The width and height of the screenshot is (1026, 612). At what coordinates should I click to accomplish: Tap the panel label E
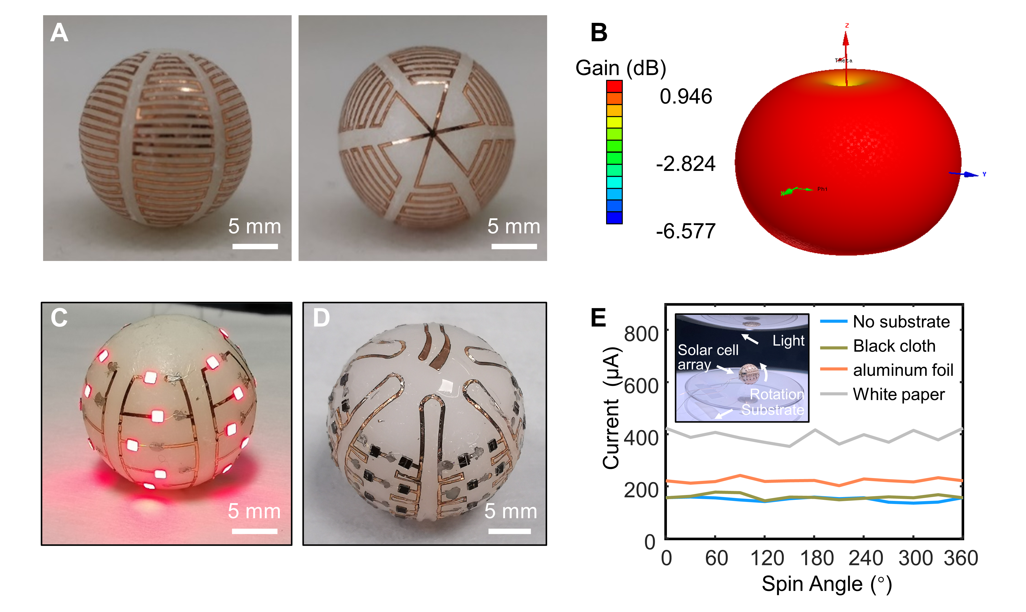[598, 318]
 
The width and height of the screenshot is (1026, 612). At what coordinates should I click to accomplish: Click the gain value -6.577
[686, 231]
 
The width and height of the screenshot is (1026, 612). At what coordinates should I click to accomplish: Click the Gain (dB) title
[620, 68]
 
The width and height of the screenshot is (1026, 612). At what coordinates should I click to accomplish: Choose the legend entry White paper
[899, 394]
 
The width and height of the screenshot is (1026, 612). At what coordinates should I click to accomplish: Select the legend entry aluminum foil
[903, 370]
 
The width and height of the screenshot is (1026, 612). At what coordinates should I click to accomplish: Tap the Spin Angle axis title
[826, 584]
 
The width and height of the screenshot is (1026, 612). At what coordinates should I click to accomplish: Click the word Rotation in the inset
[777, 394]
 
